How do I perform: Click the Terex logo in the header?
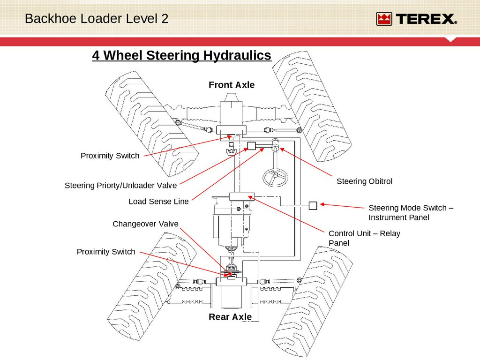416,19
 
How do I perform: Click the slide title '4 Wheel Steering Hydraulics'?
181,55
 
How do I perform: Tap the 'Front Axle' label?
232,85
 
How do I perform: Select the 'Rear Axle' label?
230,317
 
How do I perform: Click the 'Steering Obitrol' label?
364,181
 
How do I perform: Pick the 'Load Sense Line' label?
158,202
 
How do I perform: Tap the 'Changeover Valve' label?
145,224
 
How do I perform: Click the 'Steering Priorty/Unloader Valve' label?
120,186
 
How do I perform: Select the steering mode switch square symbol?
313,205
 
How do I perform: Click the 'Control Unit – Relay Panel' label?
364,238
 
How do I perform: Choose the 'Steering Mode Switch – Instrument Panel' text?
411,213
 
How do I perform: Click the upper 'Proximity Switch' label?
110,156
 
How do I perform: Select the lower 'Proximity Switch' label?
106,252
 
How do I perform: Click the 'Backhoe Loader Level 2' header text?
96,19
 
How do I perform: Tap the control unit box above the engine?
241,196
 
